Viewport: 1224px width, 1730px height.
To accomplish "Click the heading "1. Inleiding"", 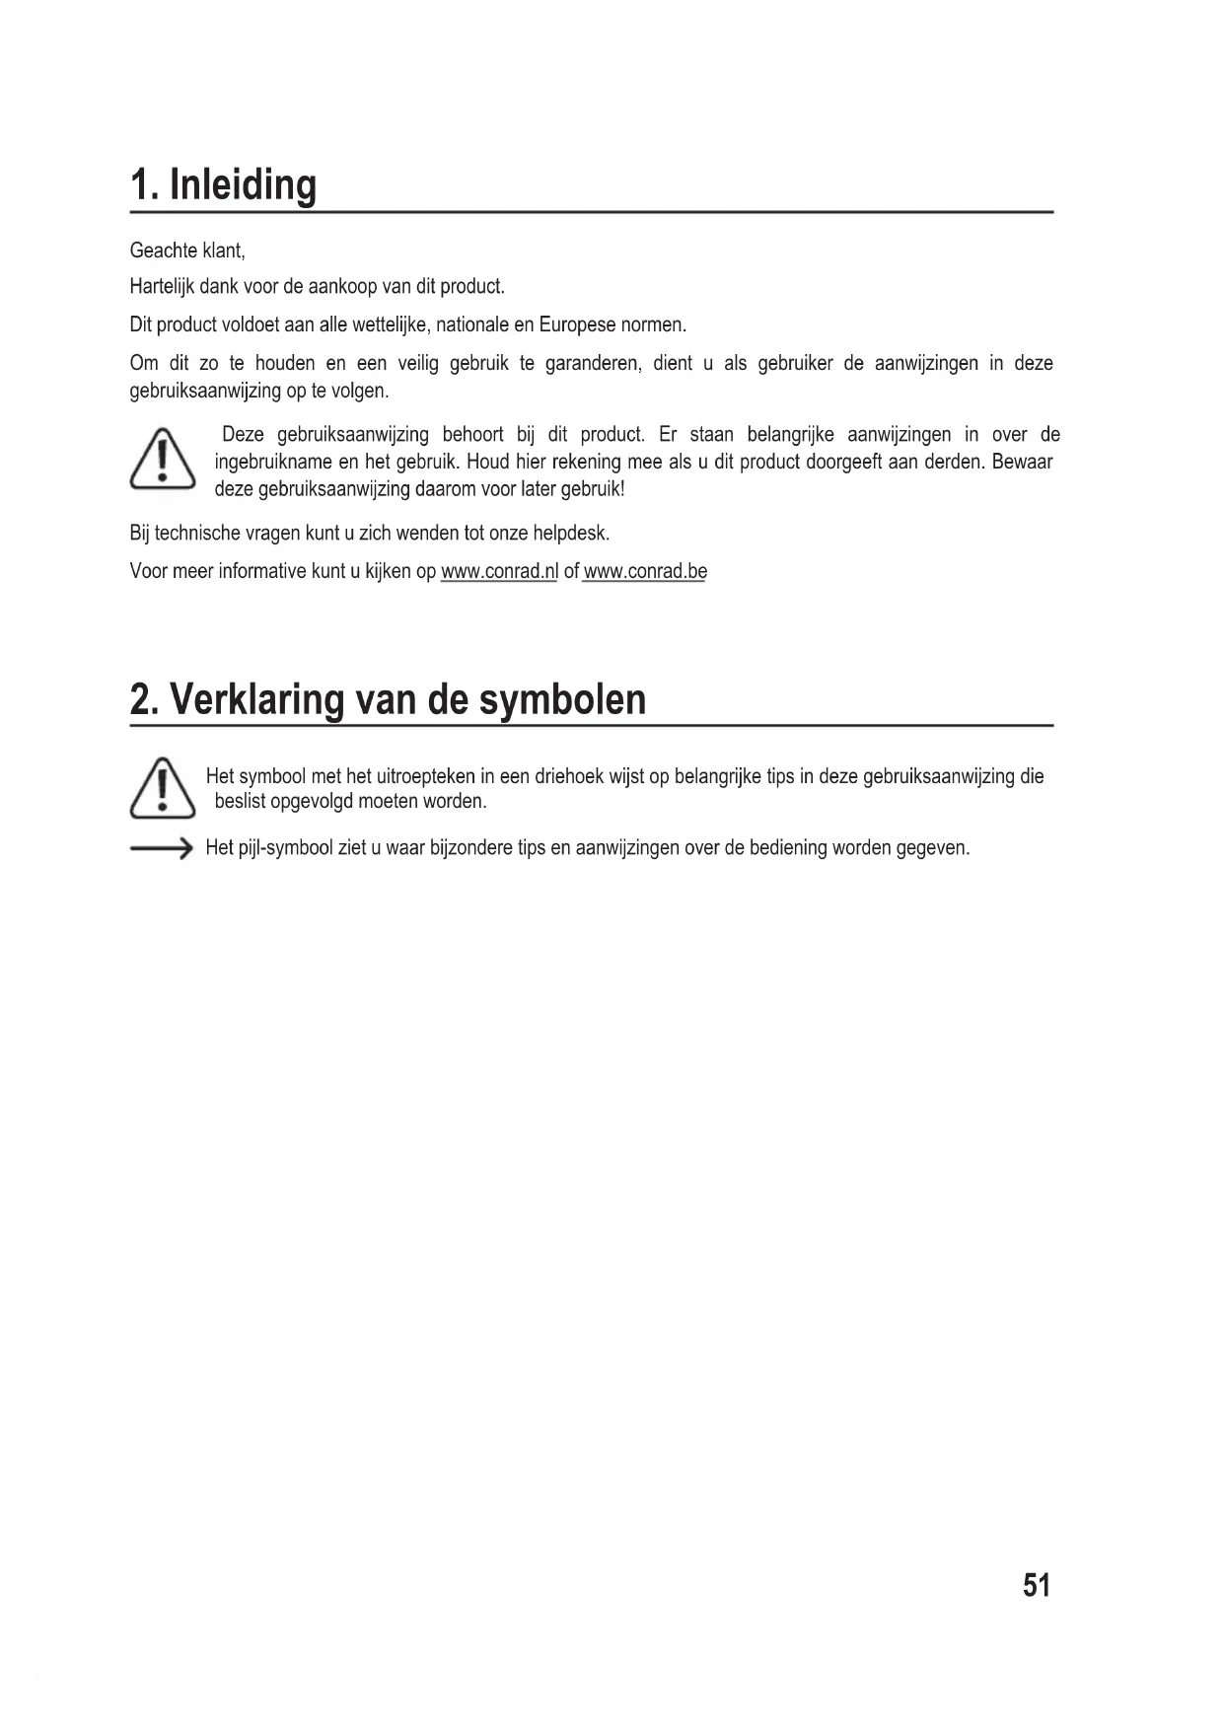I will pyautogui.click(x=224, y=185).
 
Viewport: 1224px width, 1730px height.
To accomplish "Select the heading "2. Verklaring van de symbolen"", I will pyautogui.click(x=388, y=699).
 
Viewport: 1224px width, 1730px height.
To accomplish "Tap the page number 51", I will pyautogui.click(x=1037, y=1585).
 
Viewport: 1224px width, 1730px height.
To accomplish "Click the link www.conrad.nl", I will pyautogui.click(x=499, y=572).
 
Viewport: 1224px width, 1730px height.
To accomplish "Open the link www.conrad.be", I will pyautogui.click(x=645, y=572).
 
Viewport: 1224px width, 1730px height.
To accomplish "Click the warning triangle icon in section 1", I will pyautogui.click(x=163, y=460).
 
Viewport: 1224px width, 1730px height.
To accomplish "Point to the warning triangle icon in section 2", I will pyautogui.click(x=163, y=789).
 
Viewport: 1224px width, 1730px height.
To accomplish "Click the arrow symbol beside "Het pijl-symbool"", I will pyautogui.click(x=161, y=848).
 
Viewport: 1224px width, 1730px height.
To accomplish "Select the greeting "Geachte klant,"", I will pyautogui.click(x=187, y=251).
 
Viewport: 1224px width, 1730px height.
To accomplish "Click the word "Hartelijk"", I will pyautogui.click(x=162, y=287).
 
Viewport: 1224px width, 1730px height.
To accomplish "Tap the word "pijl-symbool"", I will pyautogui.click(x=285, y=848).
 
